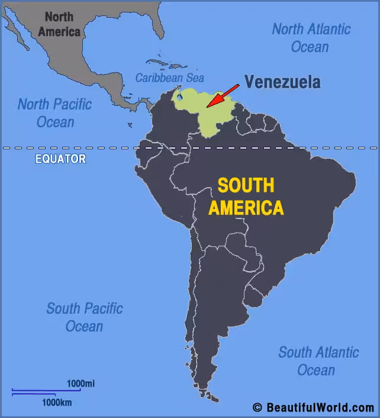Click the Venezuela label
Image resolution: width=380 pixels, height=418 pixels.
pos(282,82)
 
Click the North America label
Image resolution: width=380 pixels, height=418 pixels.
pos(59,24)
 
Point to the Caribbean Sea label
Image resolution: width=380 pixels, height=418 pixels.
pos(169,78)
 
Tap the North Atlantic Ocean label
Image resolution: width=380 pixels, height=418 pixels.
pos(311,37)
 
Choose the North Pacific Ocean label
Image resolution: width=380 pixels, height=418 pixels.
pos(55,113)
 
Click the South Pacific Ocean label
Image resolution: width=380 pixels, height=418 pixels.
pos(85,317)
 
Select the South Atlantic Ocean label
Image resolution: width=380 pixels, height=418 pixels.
pos(318,361)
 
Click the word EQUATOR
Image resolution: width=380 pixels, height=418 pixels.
pos(60,159)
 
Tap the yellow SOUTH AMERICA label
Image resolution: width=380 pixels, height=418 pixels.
pos(246,197)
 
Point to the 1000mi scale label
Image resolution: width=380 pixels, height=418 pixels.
pos(80,384)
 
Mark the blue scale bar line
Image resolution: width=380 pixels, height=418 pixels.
pos(46,391)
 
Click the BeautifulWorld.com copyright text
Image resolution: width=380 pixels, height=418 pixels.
pos(313,407)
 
